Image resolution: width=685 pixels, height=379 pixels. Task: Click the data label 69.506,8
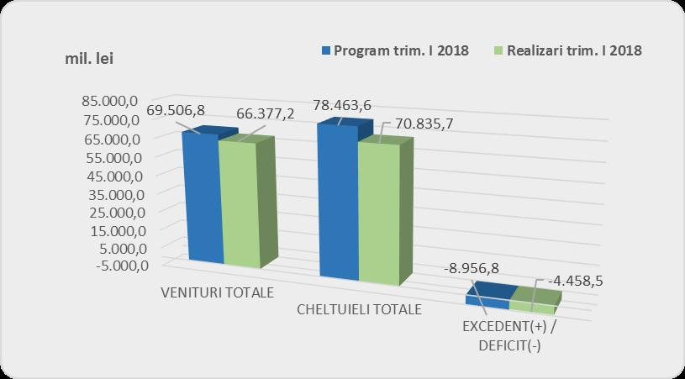(x=177, y=111)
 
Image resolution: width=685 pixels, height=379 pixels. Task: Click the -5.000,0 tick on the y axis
(x=117, y=266)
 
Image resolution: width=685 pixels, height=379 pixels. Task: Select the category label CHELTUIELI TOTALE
(x=360, y=309)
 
